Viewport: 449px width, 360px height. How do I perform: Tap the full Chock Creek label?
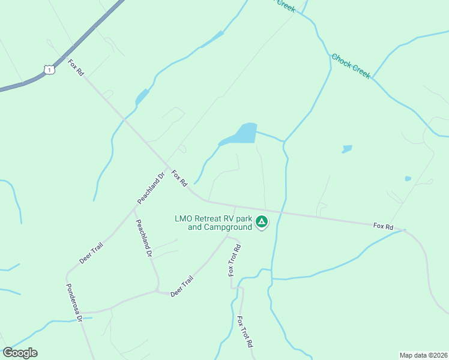(351, 66)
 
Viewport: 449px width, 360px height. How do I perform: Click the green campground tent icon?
(262, 222)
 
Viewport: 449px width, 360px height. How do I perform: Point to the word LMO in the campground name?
(185, 219)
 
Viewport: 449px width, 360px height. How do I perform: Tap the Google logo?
(20, 353)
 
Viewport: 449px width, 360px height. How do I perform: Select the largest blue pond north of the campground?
(243, 134)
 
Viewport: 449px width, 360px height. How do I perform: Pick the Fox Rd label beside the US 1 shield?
(76, 67)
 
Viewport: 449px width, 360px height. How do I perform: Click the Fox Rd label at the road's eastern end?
(383, 226)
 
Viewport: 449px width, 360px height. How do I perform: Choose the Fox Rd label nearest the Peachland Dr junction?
(179, 178)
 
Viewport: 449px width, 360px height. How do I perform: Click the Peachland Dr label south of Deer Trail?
(143, 239)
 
